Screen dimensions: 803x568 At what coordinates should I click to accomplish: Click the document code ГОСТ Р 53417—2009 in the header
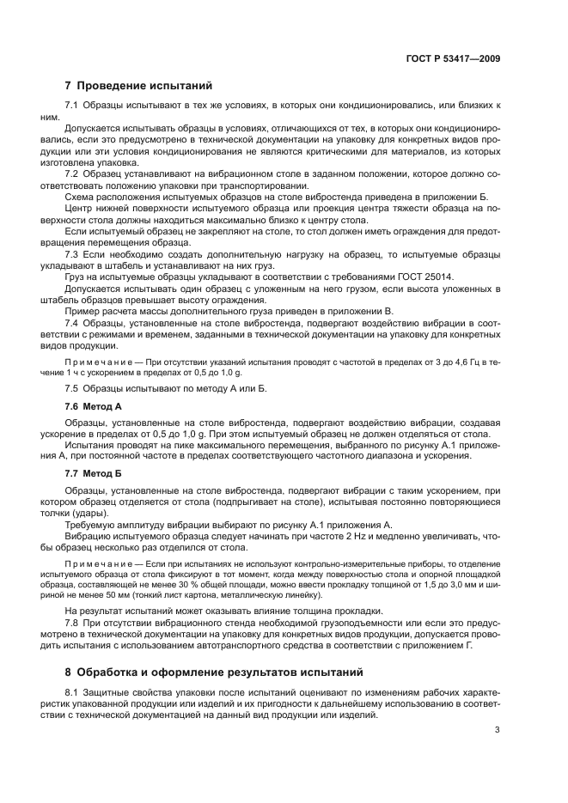[x=454, y=59]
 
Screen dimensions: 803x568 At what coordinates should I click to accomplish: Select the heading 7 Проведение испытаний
[x=138, y=86]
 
